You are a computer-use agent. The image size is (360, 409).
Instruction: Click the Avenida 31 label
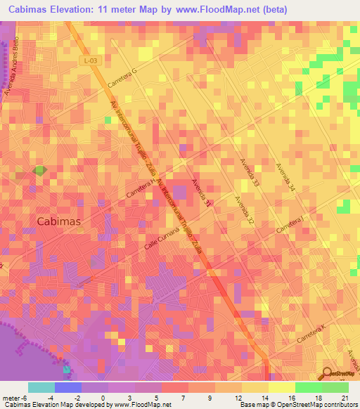point(201,193)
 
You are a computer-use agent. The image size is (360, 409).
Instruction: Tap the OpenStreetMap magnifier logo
point(326,373)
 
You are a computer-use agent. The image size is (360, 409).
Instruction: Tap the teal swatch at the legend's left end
point(41,387)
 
